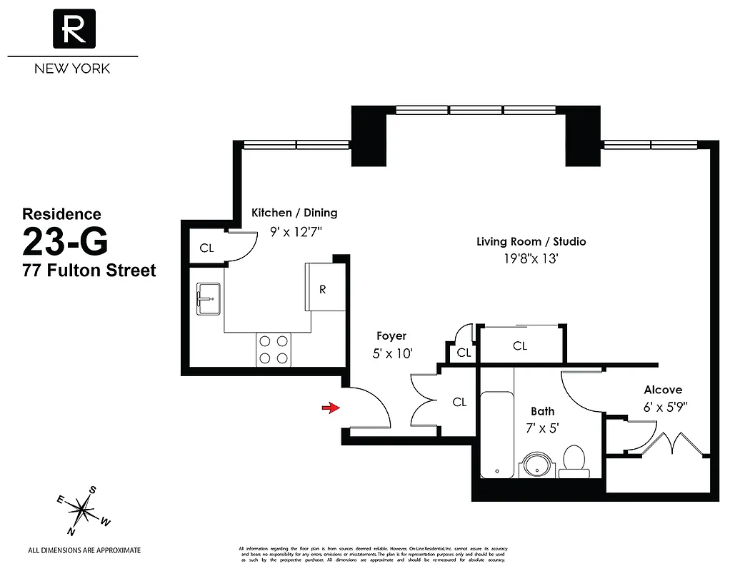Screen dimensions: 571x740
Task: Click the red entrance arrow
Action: tap(329, 408)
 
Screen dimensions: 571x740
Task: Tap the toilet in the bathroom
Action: tap(574, 461)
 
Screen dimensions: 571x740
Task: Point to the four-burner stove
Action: tap(274, 350)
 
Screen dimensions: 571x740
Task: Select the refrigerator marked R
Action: tap(322, 288)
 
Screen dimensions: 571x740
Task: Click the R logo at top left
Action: tap(73, 29)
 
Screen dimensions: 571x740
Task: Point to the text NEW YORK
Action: tap(73, 69)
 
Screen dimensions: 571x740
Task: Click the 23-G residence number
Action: tap(66, 241)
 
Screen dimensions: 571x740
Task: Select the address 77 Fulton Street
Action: tap(89, 271)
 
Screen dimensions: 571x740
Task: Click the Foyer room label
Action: tap(391, 335)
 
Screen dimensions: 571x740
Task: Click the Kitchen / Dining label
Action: tap(294, 213)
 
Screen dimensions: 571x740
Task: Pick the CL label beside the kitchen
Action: tap(206, 248)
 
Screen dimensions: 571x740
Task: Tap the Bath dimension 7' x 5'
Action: tap(543, 429)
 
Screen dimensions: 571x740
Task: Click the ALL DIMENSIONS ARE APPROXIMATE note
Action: tap(84, 550)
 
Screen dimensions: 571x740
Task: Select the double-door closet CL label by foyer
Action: tap(459, 402)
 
